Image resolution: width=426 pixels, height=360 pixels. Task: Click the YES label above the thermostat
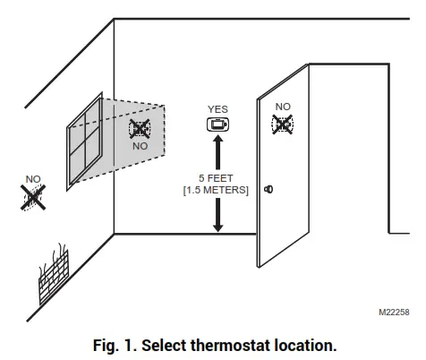pos(217,109)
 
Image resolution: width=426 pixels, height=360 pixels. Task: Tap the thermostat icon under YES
pos(217,125)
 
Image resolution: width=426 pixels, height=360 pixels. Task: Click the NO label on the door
pos(283,107)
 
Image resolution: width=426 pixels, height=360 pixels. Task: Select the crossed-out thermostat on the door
pos(283,124)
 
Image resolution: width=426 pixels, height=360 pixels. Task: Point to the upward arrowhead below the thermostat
pos(217,145)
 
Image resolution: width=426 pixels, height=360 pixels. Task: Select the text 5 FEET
pos(217,179)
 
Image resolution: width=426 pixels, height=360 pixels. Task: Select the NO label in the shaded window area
pos(140,145)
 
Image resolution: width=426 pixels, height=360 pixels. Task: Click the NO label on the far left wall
pos(33,179)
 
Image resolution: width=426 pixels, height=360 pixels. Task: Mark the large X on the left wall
pos(34,197)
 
